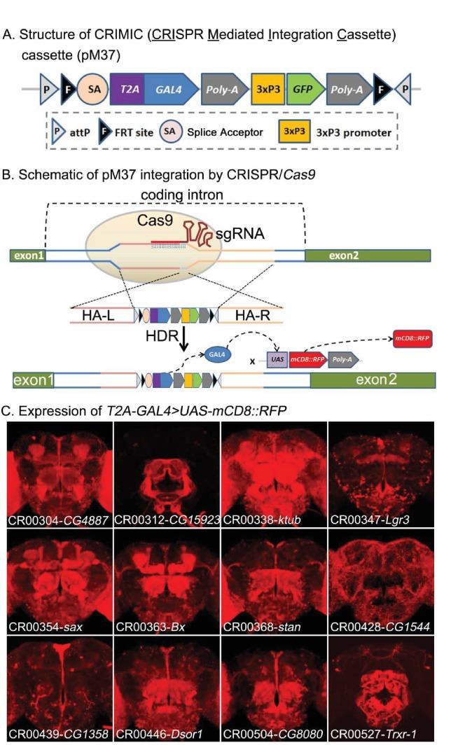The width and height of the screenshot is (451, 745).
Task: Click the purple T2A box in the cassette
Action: [127, 89]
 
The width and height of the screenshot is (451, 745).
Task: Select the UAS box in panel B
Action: [275, 359]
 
